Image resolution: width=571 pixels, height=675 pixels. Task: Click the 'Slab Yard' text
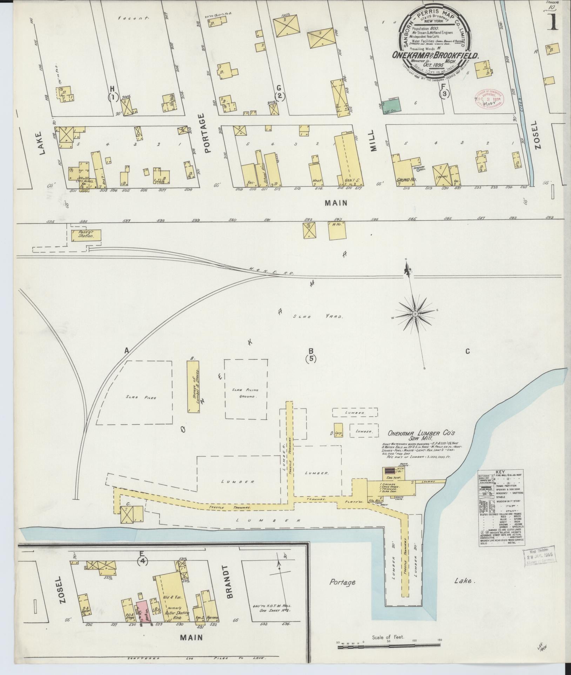[x=318, y=316]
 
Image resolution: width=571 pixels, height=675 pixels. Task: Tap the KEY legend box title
[x=501, y=472]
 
